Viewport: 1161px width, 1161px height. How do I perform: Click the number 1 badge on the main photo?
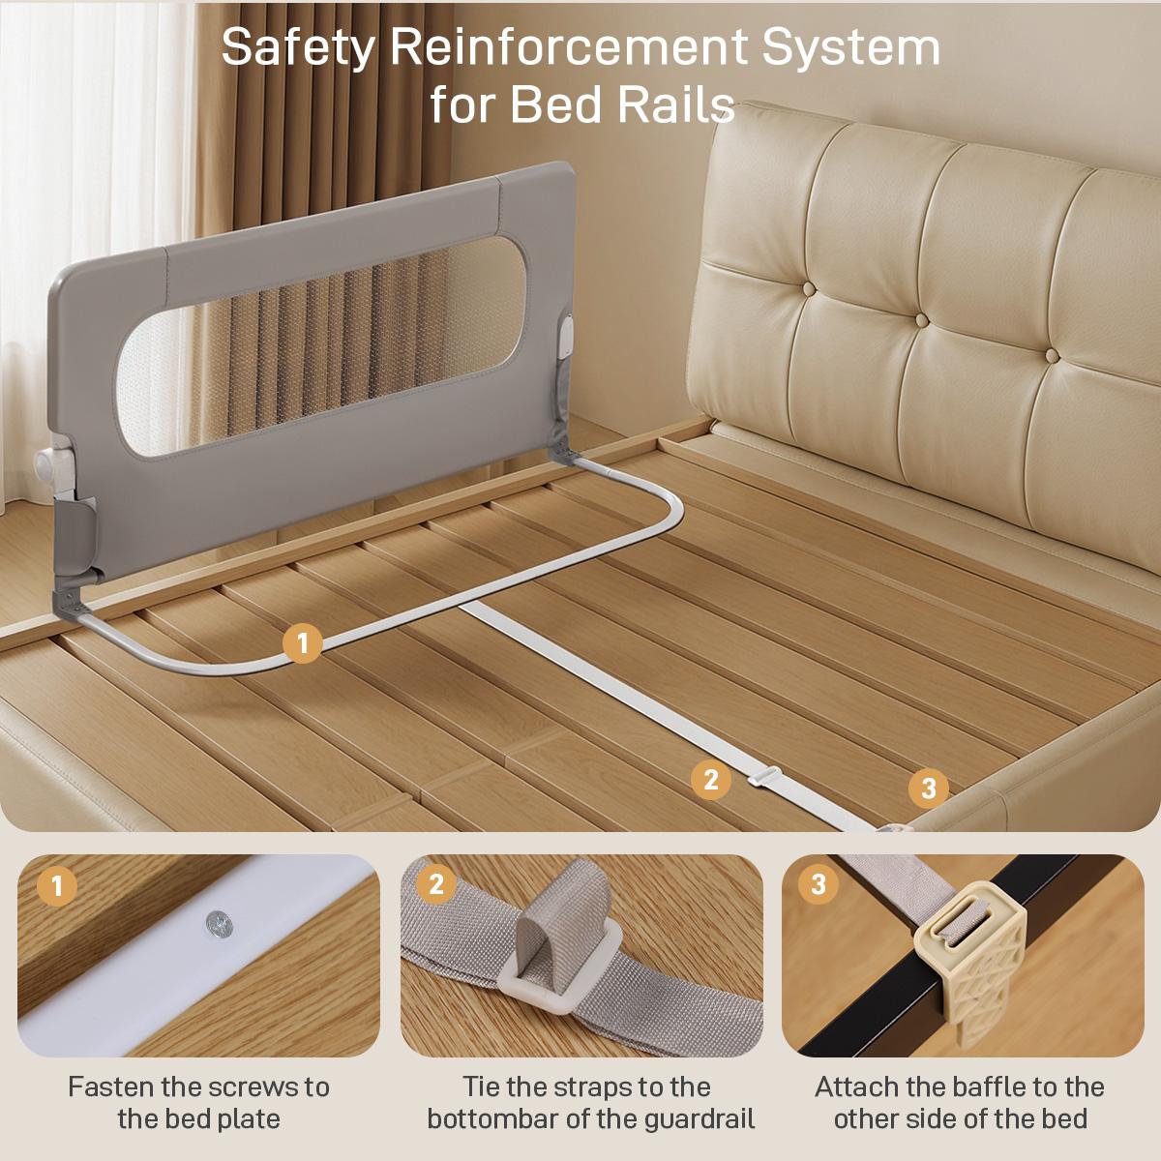pos(303,643)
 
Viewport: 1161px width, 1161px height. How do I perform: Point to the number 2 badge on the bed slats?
pos(710,780)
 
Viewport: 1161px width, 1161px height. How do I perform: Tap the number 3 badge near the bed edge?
pos(928,788)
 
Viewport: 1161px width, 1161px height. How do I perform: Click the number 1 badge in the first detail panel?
pos(56,885)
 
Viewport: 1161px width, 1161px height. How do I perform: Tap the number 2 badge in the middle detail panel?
pos(436,883)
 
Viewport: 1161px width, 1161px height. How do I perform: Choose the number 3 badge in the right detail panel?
pos(818,883)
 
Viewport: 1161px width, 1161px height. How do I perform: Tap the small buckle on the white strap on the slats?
pos(764,777)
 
